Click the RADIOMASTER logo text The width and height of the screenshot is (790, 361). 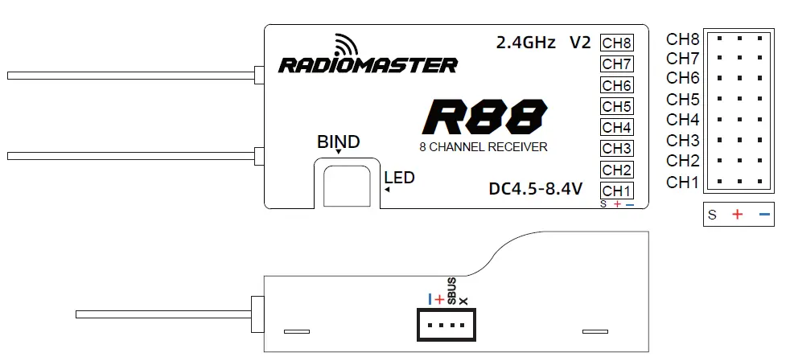368,65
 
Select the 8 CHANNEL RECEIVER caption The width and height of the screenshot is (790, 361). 483,147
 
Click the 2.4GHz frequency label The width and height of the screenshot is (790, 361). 525,43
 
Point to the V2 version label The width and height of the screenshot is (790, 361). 580,43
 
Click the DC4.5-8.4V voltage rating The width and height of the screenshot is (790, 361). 535,190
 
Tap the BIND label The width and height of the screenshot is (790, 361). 338,142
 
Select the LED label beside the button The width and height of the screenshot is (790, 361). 399,178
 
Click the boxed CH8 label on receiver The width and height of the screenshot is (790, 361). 617,43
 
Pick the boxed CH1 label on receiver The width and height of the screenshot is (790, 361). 617,191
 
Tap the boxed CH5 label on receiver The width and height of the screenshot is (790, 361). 617,106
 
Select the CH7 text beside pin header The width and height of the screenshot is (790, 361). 682,59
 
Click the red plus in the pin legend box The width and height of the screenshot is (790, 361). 737,215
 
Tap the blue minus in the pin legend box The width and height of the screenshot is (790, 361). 763,215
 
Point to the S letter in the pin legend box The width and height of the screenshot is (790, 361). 712,215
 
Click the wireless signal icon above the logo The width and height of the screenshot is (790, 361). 347,45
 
